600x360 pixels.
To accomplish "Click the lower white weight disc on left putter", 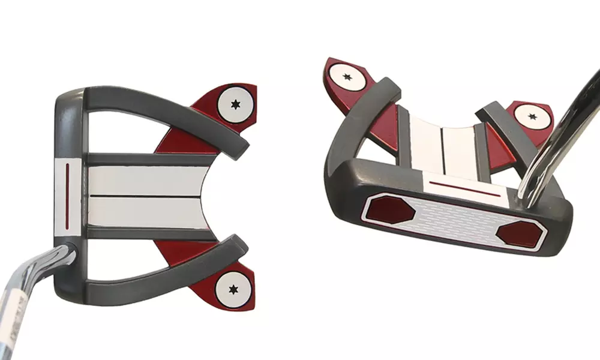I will click(233, 289).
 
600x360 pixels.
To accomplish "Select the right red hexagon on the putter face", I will click(519, 232).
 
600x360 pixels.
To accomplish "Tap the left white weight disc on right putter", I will click(347, 77).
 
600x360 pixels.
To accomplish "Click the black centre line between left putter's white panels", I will click(147, 196).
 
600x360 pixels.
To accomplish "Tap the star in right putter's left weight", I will click(347, 77).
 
